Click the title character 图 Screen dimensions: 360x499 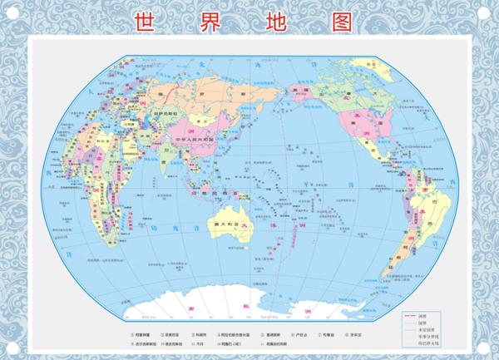tap(342, 20)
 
